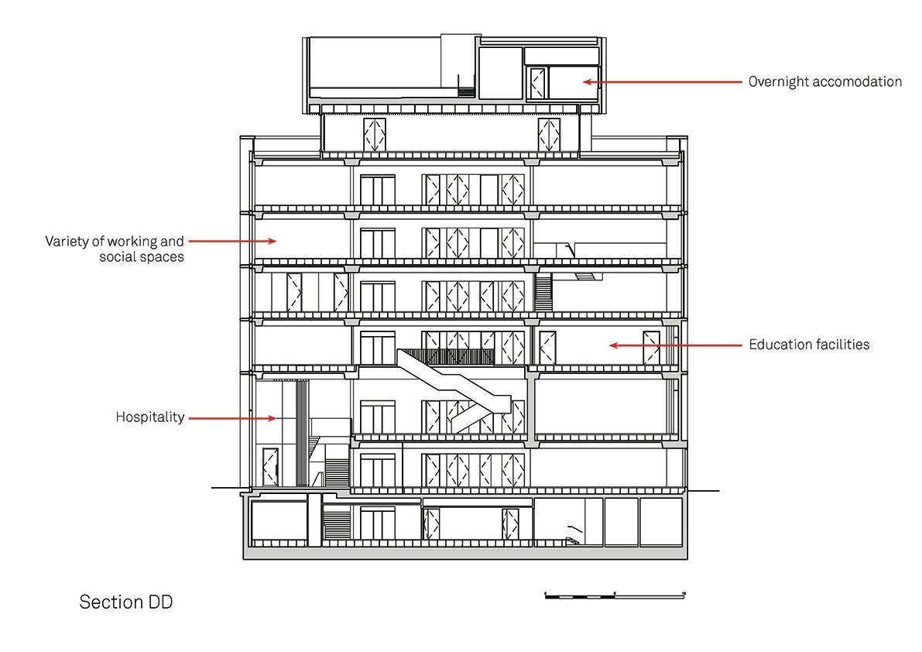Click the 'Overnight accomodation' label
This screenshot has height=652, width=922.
pos(824,82)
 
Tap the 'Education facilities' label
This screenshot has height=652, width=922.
pos(809,345)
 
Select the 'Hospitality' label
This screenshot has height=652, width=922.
pos(150,417)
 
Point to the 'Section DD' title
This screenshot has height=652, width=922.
pos(126,602)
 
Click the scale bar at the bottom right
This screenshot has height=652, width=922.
pos(615,596)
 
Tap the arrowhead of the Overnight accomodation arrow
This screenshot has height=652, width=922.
pos(587,82)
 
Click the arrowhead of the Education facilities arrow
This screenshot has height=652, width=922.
pos(613,345)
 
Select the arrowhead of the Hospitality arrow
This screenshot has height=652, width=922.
pos(272,419)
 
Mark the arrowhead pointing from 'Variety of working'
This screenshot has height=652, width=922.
pos(272,241)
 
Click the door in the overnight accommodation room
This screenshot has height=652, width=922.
pos(537,83)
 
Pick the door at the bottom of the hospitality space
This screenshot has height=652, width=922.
pos(270,468)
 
